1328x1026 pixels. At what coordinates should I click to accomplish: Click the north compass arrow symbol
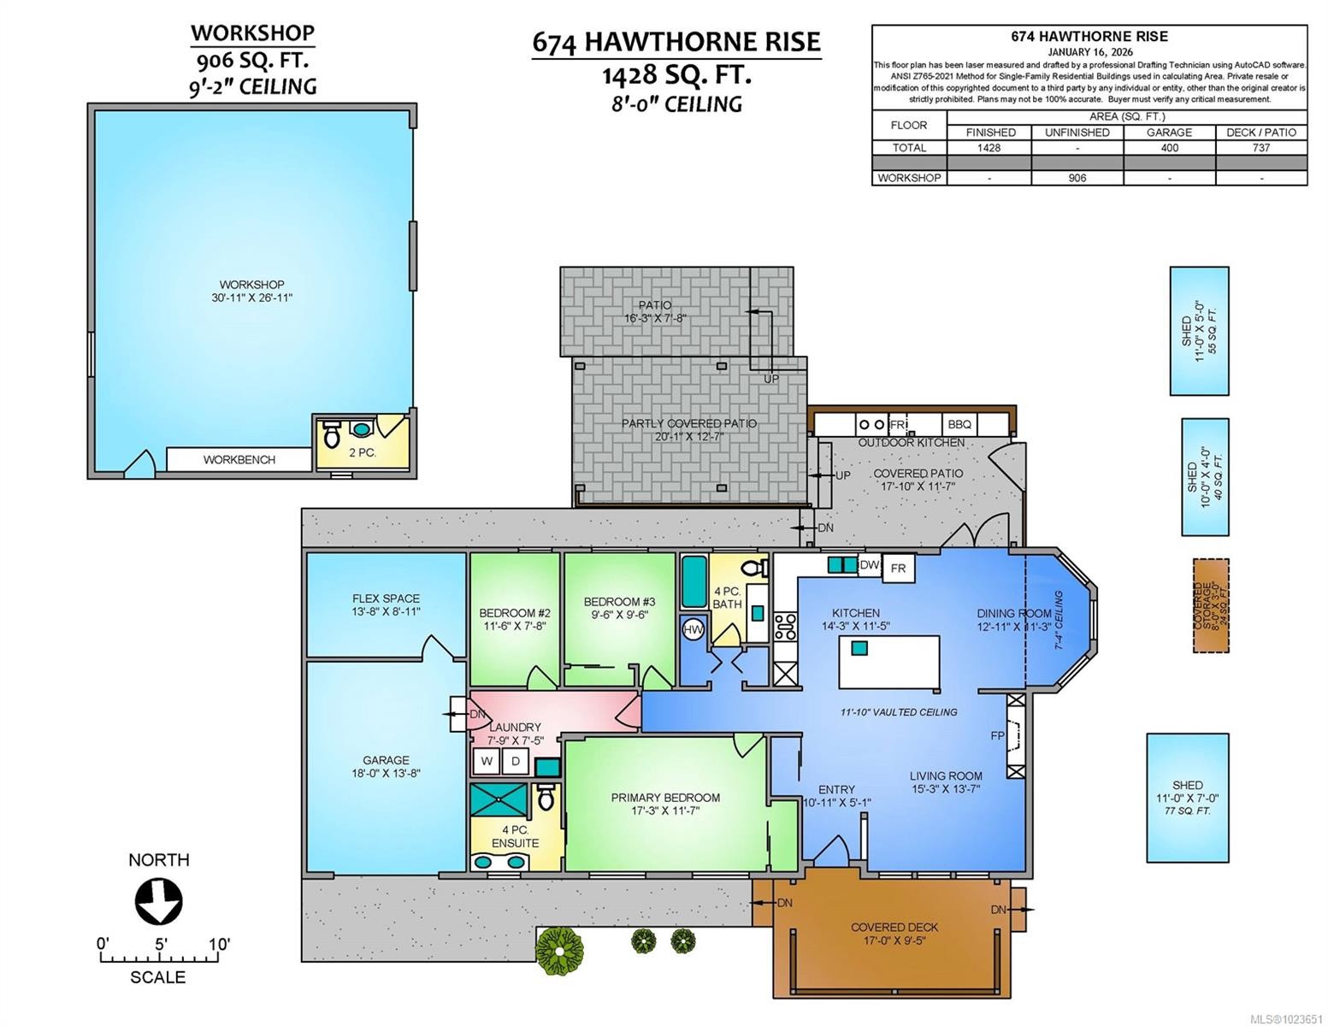click(x=159, y=901)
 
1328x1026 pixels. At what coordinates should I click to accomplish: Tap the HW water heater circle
click(x=692, y=629)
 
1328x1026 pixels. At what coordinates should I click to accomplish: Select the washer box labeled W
click(x=486, y=761)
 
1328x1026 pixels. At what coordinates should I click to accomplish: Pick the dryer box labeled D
click(x=516, y=761)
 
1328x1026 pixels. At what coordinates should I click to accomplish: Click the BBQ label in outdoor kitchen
click(x=959, y=424)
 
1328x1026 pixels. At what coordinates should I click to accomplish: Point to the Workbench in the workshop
click(x=239, y=459)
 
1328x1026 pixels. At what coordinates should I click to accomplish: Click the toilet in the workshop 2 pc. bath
click(x=331, y=435)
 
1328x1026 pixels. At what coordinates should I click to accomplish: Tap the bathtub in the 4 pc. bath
click(x=693, y=581)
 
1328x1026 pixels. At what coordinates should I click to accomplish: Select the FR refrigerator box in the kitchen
click(x=898, y=568)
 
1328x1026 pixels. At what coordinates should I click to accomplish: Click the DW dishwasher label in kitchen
click(x=869, y=565)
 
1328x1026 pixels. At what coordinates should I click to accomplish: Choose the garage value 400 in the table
click(x=1169, y=147)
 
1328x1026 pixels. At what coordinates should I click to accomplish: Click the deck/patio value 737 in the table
click(x=1260, y=147)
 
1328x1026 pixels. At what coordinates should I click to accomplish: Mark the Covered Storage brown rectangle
click(x=1211, y=606)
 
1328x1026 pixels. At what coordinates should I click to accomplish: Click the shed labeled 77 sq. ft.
click(x=1187, y=797)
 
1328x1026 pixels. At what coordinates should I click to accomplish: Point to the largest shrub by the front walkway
click(x=560, y=947)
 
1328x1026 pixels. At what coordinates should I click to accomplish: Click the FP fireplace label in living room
click(x=997, y=735)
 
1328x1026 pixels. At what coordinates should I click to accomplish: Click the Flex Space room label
click(x=386, y=604)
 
